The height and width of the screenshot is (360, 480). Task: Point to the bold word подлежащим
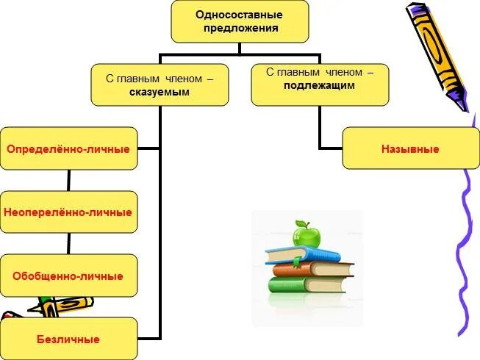pos(320,85)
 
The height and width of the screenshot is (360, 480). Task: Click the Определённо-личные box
pos(68,148)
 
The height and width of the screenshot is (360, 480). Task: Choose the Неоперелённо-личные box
pos(68,212)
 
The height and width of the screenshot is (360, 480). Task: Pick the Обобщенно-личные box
pos(68,276)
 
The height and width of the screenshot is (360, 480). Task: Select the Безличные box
pos(68,339)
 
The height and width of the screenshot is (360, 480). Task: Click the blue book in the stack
pos(301,256)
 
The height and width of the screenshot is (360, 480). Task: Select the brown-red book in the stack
pos(309,269)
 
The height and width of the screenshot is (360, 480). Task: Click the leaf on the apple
pos(299,223)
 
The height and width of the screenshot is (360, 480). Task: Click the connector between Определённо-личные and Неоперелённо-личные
pos(68,180)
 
